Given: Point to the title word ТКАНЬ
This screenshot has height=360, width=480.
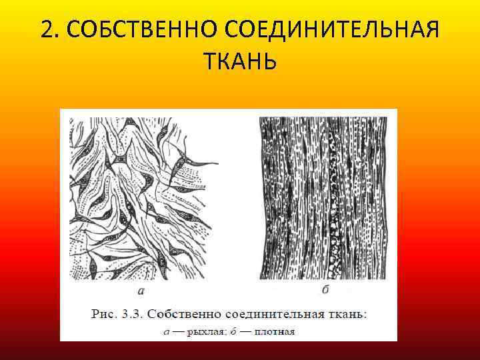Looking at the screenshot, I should coord(239,62).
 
